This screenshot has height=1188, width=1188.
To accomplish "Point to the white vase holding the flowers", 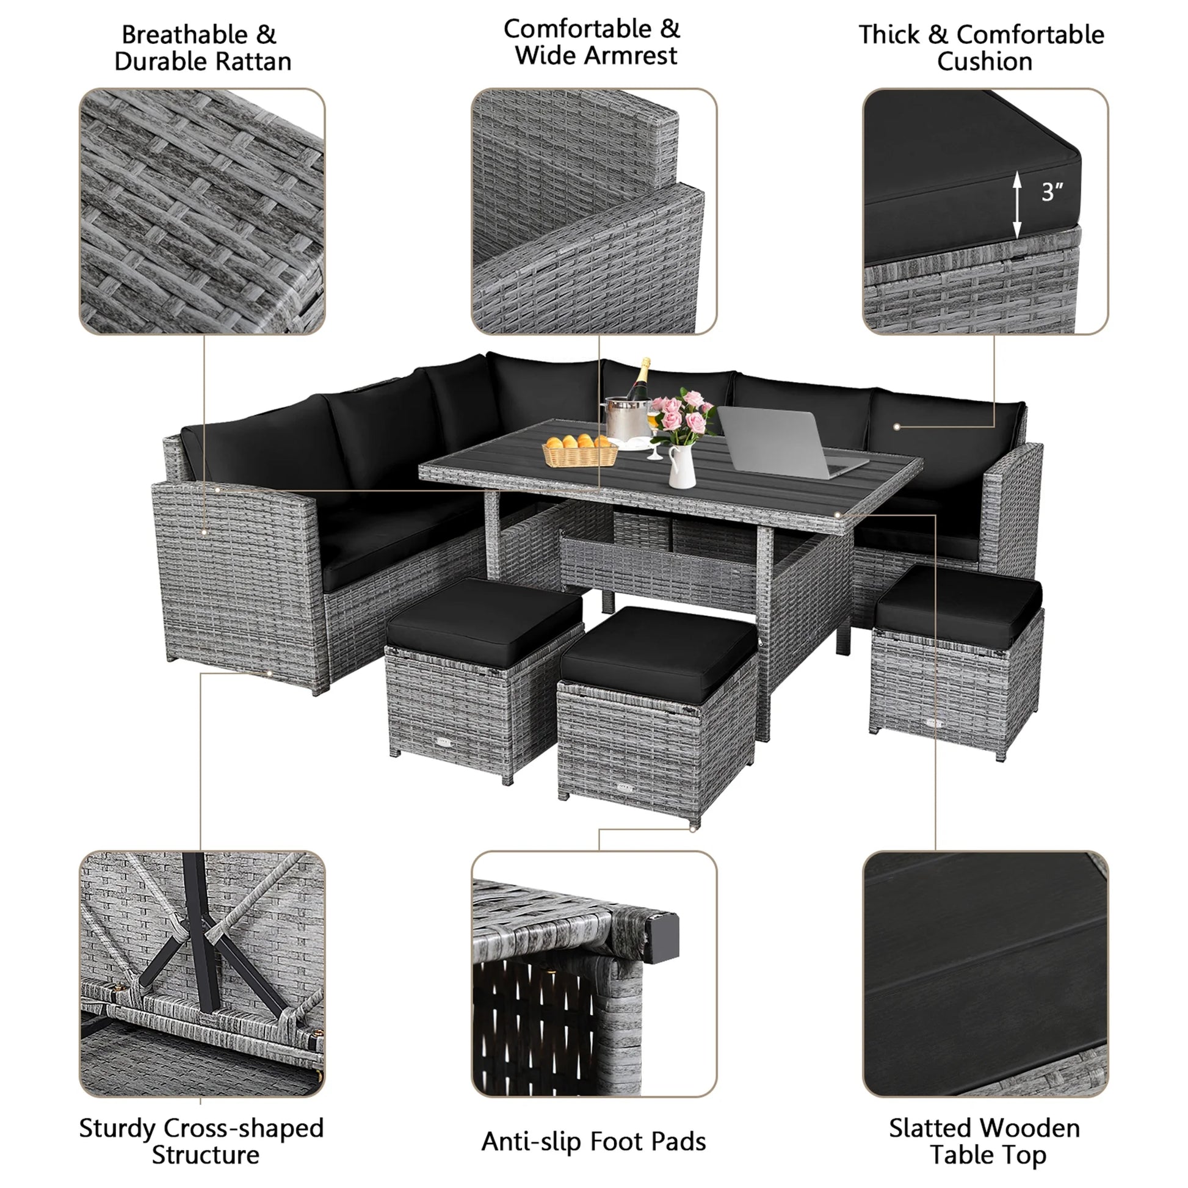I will [681, 468].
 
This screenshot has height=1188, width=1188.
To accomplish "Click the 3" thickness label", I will [1052, 192].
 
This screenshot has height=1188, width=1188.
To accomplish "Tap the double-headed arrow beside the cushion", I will [1017, 205].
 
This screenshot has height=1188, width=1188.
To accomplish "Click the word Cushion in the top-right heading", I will [984, 62].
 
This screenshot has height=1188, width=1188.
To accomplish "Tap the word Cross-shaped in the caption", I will [244, 1128].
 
